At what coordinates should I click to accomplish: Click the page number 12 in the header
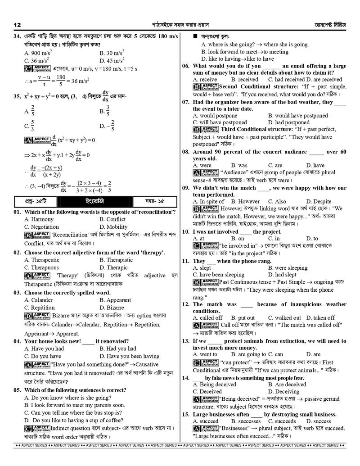(x=18, y=24)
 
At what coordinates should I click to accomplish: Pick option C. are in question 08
(x=275, y=165)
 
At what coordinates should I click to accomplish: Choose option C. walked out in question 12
(x=284, y=317)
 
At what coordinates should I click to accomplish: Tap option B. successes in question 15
(x=246, y=421)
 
